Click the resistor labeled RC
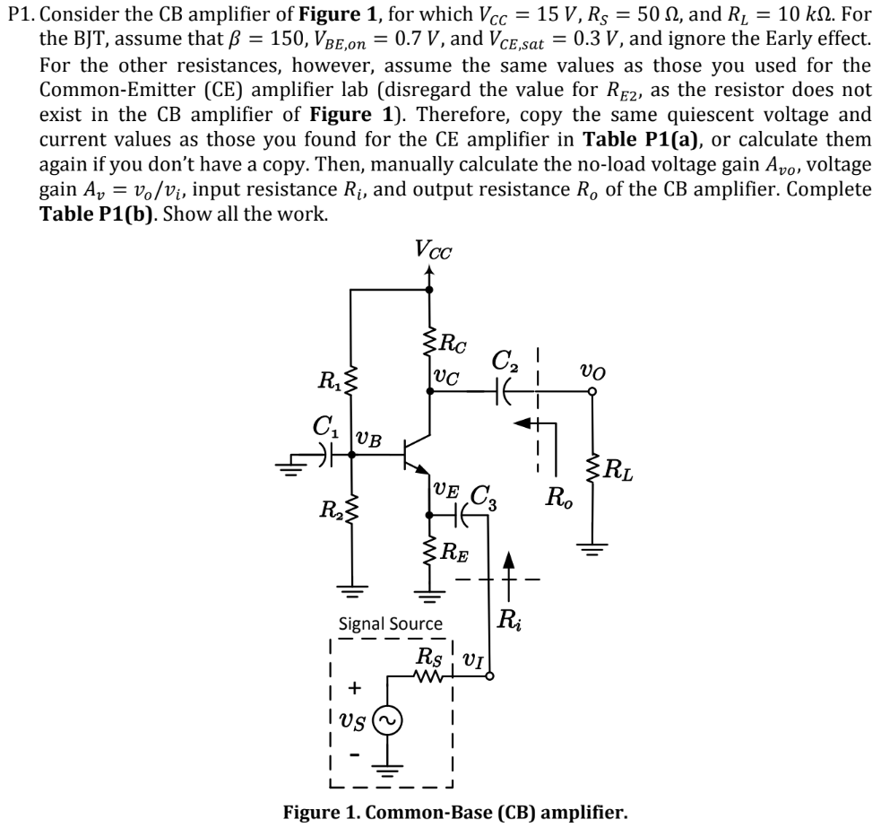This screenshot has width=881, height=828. point(430,342)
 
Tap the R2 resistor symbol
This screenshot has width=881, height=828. point(351,510)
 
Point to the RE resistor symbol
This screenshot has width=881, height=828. point(430,552)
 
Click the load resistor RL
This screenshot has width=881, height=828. point(592,467)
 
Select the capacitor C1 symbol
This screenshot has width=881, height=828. point(326,453)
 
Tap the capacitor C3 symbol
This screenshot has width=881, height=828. point(462,514)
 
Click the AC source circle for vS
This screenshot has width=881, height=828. point(388,721)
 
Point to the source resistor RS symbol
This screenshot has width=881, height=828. point(429,676)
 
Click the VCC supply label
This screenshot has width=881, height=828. point(433,249)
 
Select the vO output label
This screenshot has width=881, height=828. point(592,371)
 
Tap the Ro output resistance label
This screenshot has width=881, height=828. point(559,497)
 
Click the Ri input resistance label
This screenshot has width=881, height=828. point(509,620)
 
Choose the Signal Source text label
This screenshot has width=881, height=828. point(390,623)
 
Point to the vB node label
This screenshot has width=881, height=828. point(369,440)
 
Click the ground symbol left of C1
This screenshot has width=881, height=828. point(289,466)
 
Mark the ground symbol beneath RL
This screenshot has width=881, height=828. point(592,548)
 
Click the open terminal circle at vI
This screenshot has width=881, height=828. point(489,676)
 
